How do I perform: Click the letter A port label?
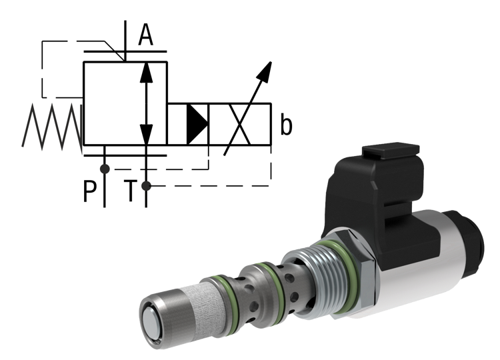click(145, 35)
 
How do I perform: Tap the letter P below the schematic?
click(89, 192)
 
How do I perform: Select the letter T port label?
click(133, 192)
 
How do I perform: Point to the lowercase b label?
click(286, 125)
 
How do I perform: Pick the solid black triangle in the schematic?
click(196, 123)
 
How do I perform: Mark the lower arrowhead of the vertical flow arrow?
click(146, 133)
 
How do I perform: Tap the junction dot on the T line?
click(146, 185)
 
